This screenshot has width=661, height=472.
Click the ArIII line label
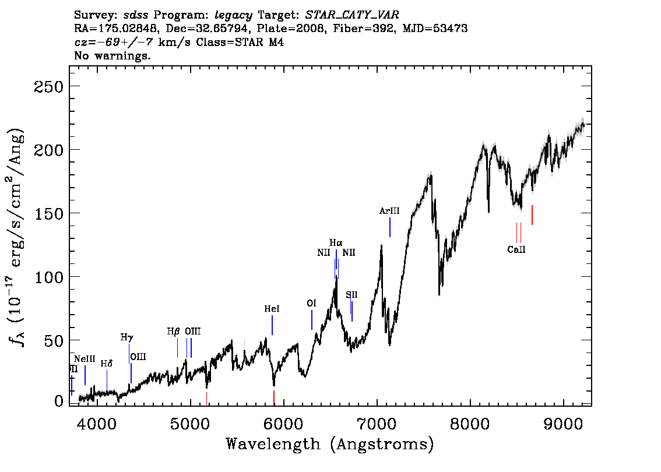pos(389,211)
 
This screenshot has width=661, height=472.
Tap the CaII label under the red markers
pos(516,249)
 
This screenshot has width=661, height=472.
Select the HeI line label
pos(272,309)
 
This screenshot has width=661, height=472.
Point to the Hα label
pos(336,243)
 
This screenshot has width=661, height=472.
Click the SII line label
pos(351,295)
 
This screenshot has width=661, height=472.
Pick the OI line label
pos(311,304)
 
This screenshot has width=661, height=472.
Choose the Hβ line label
pos(173,331)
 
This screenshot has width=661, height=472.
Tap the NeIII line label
pos(85,359)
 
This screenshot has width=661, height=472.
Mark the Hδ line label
pos(107,364)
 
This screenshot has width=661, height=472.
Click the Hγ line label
pos(127,337)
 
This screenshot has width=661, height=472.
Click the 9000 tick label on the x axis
pos(562,424)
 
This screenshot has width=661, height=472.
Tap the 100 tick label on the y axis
pos(48,277)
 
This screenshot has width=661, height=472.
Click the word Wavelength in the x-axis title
pos(273,444)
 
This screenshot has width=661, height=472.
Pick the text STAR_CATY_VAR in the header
pos(352,15)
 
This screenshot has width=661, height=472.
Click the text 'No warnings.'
pos(112,55)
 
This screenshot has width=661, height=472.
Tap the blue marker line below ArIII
pos(390,227)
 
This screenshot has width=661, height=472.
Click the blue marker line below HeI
pos(272,325)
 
